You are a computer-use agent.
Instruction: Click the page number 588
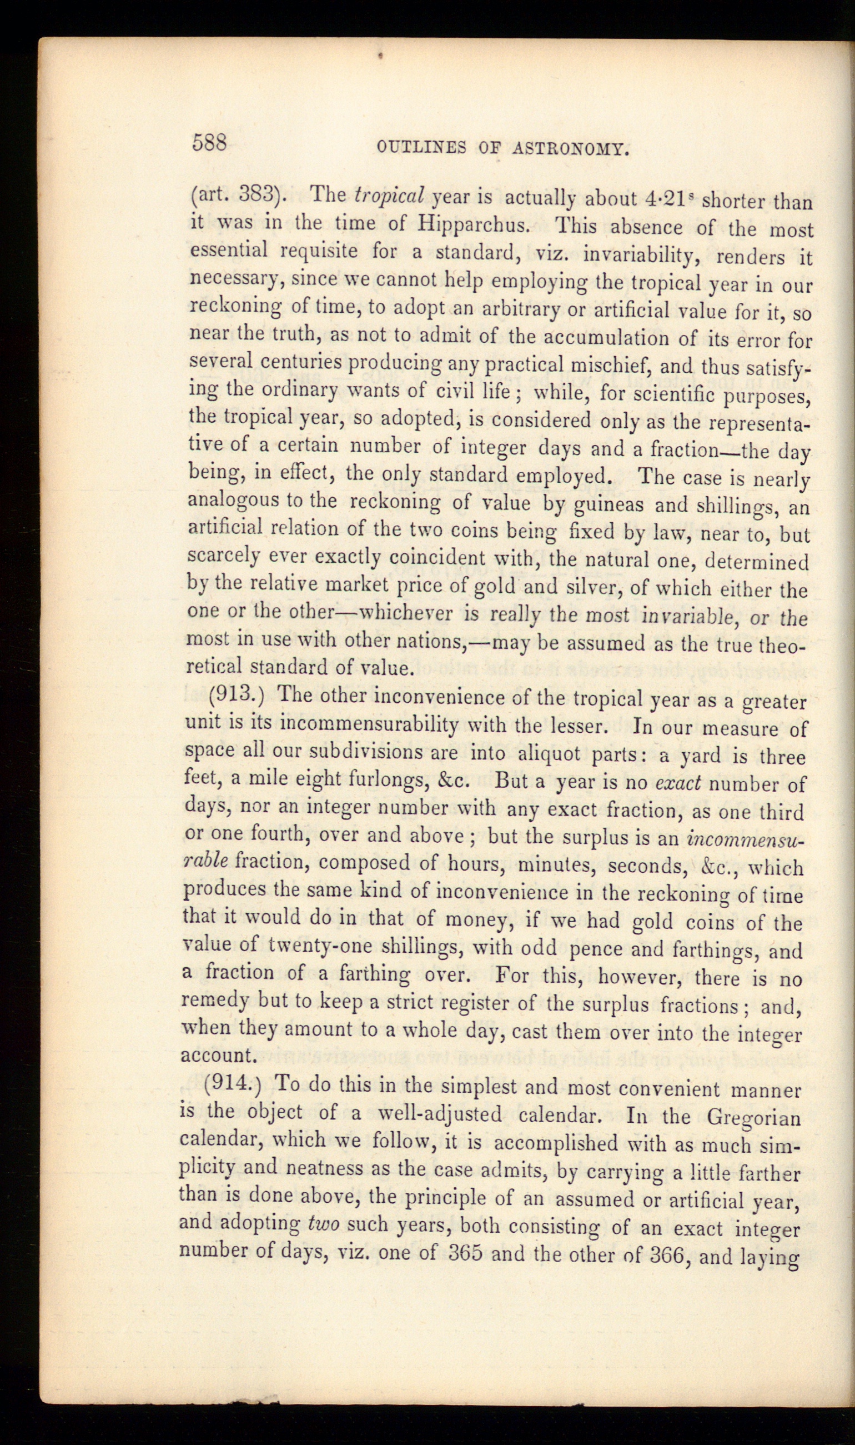(x=210, y=142)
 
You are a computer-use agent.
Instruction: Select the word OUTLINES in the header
(x=422, y=148)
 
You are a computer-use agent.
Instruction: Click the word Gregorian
(x=753, y=1118)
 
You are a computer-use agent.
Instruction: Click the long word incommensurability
(x=368, y=724)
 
